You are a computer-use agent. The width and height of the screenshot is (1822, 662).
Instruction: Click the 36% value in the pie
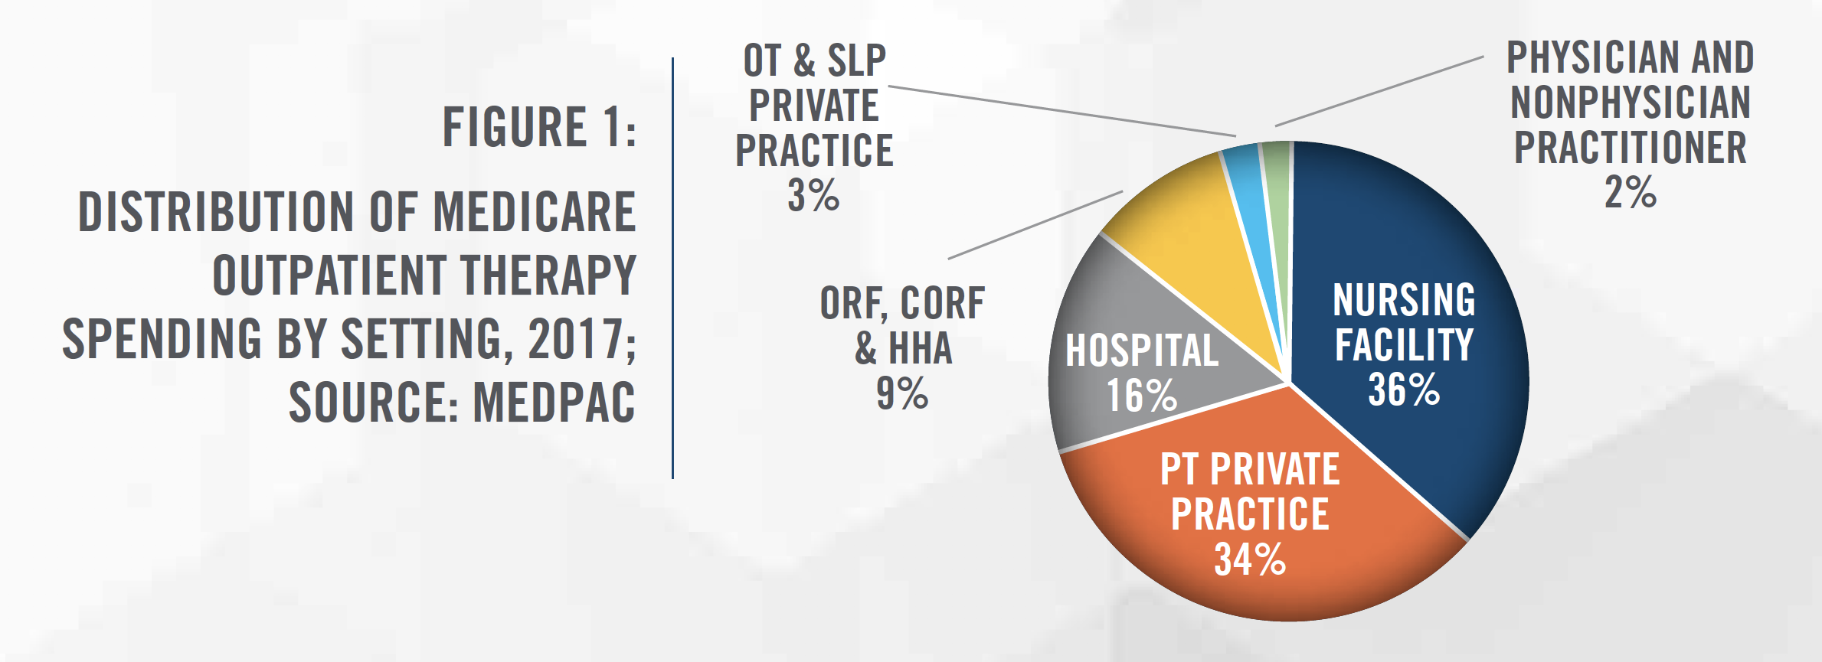pyautogui.click(x=1404, y=390)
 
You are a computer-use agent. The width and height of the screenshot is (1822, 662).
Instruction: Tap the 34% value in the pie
pyautogui.click(x=1250, y=559)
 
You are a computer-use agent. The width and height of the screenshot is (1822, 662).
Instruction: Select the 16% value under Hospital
pyautogui.click(x=1141, y=396)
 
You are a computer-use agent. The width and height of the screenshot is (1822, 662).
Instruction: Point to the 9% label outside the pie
pyautogui.click(x=902, y=393)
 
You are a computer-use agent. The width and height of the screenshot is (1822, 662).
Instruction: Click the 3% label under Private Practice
pyautogui.click(x=813, y=195)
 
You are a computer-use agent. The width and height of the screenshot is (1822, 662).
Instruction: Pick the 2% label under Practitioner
pyautogui.click(x=1631, y=191)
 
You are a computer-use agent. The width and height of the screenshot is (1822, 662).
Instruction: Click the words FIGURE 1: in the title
pyautogui.click(x=539, y=127)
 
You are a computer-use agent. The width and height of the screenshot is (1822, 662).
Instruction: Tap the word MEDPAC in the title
pyautogui.click(x=554, y=402)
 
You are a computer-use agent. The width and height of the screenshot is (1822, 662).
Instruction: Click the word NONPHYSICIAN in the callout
pyautogui.click(x=1631, y=103)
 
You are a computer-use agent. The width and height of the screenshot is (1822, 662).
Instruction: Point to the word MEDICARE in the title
pyautogui.click(x=535, y=212)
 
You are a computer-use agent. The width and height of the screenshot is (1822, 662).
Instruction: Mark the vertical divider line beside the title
pyautogui.click(x=672, y=268)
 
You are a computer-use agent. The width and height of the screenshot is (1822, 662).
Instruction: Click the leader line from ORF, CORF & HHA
pyautogui.click(x=1035, y=225)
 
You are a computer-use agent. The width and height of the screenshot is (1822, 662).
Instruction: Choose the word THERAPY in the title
pyautogui.click(x=548, y=276)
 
